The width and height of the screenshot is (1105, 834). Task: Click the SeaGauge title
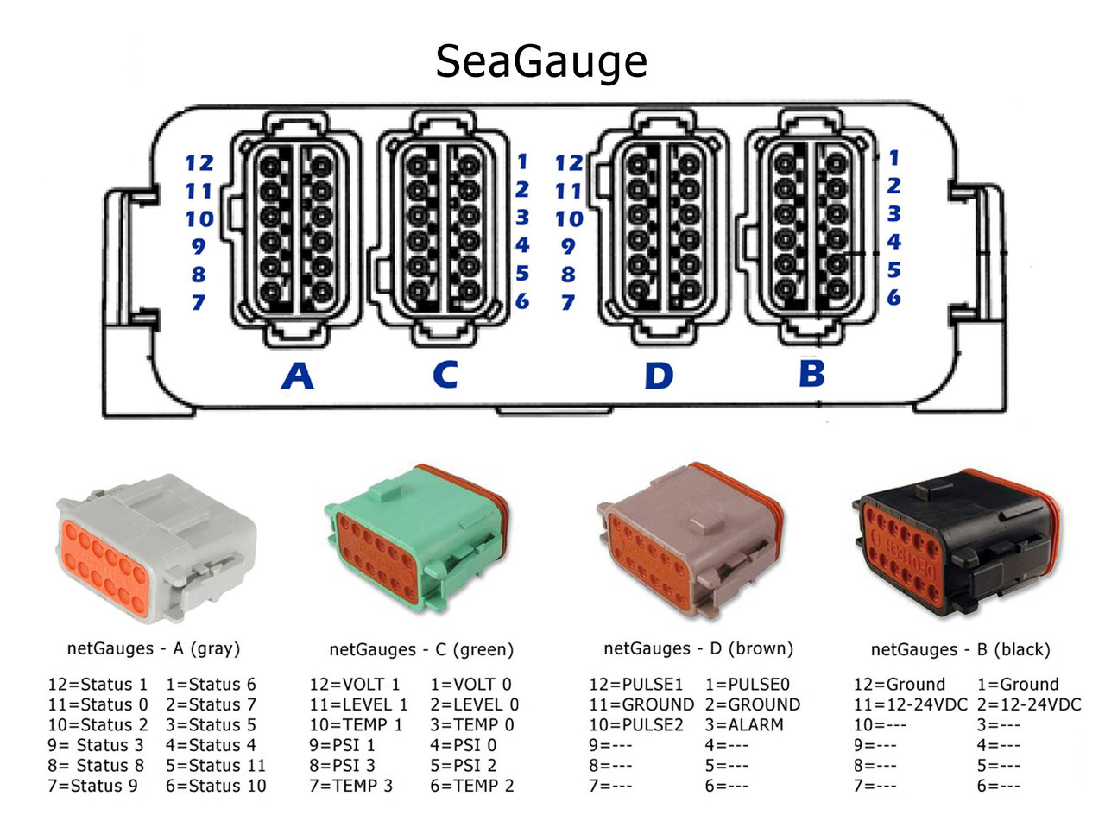(541, 61)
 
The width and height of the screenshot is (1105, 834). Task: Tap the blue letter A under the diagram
(298, 376)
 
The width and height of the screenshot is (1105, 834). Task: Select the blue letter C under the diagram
(445, 375)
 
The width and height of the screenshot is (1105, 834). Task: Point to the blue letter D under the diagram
(659, 376)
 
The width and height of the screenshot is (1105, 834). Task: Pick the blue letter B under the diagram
(811, 374)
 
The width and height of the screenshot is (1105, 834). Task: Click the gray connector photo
(155, 549)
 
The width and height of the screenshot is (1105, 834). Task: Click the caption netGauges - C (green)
(421, 649)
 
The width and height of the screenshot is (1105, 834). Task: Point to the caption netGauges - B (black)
(960, 649)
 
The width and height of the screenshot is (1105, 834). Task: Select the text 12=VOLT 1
(355, 685)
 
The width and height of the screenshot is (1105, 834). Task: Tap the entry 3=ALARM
(744, 725)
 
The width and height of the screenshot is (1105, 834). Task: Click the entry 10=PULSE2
(636, 725)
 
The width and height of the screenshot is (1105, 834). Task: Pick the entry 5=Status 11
(216, 766)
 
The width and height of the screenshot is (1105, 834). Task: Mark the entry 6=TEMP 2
(472, 786)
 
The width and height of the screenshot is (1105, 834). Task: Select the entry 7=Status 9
(92, 786)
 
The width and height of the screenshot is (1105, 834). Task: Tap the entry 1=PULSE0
(748, 685)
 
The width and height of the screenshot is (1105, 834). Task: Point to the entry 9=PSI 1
(343, 745)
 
